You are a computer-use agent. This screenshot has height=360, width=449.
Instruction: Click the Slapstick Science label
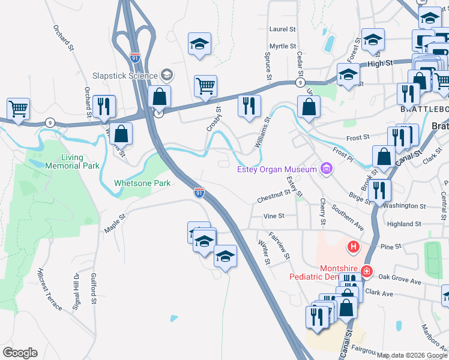tap(124, 76)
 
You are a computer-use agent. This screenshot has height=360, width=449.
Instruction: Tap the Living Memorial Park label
tap(71, 162)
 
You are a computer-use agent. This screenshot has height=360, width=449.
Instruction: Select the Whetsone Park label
tap(142, 183)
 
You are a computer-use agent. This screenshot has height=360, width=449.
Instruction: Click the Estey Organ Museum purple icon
tap(326, 169)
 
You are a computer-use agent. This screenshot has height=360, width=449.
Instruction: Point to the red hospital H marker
tap(354, 246)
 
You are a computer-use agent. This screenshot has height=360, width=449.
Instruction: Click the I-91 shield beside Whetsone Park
tap(199, 193)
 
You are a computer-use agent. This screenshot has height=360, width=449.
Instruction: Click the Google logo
tap(20, 353)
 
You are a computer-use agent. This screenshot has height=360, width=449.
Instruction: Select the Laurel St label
tap(283, 29)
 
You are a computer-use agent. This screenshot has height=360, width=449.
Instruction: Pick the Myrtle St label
tap(283, 46)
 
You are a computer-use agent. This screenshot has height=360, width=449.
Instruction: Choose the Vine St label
tap(273, 215)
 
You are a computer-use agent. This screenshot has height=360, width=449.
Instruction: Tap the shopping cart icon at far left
tap(19, 109)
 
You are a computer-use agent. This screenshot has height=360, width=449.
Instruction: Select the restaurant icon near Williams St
tap(248, 106)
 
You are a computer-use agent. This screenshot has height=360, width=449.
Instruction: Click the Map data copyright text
tap(411, 355)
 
